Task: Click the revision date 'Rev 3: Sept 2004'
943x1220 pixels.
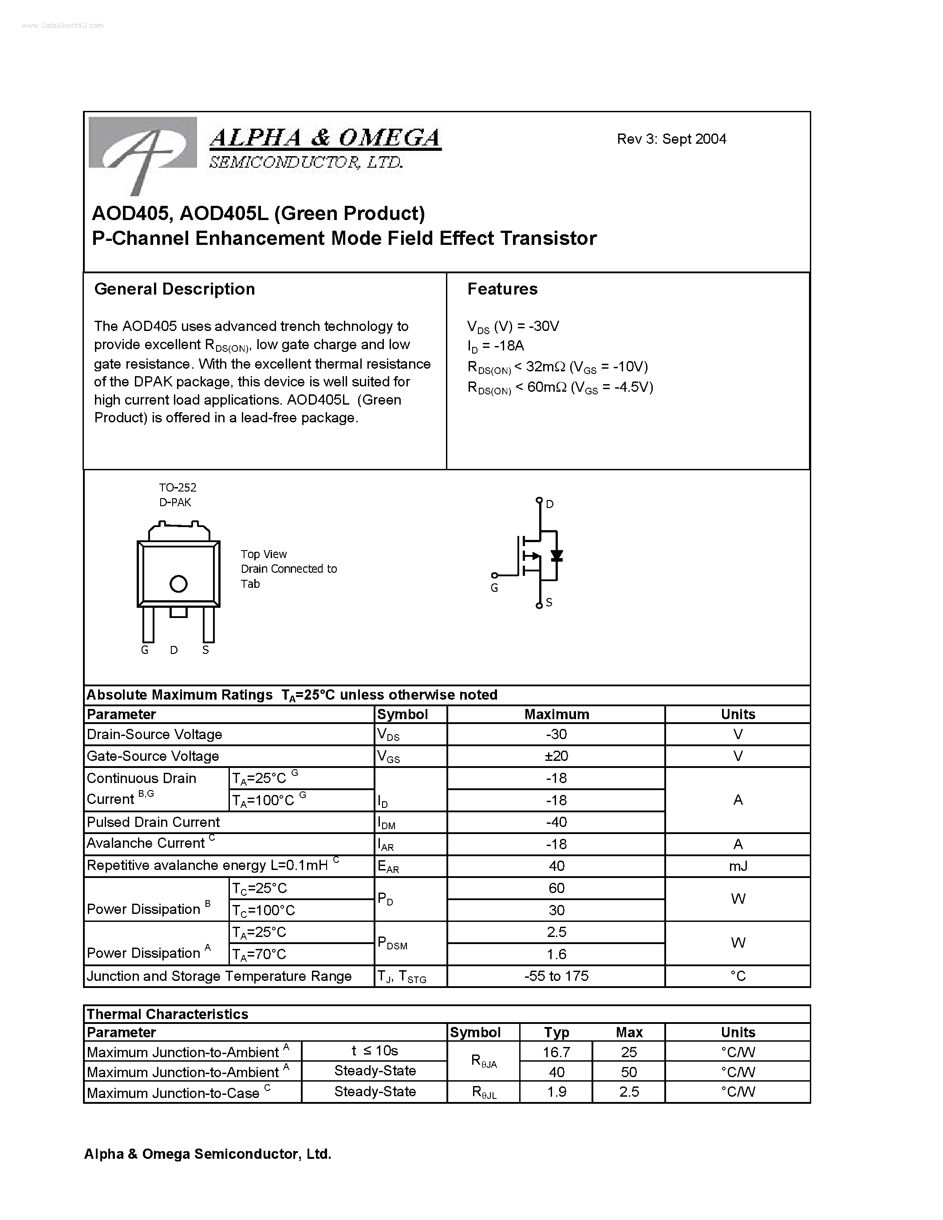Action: pyautogui.click(x=671, y=139)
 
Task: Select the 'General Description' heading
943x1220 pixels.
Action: pyautogui.click(x=174, y=289)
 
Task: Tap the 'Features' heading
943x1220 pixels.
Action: pyautogui.click(x=502, y=289)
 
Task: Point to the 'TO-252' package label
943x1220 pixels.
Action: pyautogui.click(x=178, y=488)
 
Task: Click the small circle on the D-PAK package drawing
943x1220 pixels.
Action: pyautogui.click(x=178, y=584)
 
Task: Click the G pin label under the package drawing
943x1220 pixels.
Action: pyautogui.click(x=145, y=650)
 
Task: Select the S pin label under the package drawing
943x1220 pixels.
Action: pyautogui.click(x=205, y=650)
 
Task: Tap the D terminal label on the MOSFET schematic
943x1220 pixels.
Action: pyautogui.click(x=550, y=504)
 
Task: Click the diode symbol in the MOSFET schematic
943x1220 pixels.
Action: pyautogui.click(x=556, y=556)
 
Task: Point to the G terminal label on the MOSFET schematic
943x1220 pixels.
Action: pyautogui.click(x=494, y=588)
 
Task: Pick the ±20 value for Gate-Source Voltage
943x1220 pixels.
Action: pyautogui.click(x=556, y=756)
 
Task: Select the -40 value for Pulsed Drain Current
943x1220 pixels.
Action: pyautogui.click(x=556, y=822)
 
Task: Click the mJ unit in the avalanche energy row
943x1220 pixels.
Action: pyautogui.click(x=738, y=866)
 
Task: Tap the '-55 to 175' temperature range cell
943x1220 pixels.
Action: pyautogui.click(x=556, y=976)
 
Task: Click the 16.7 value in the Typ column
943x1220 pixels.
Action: pyautogui.click(x=556, y=1052)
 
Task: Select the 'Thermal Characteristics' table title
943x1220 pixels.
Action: pyautogui.click(x=168, y=1015)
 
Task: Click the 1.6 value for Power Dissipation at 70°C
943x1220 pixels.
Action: pyautogui.click(x=556, y=955)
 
